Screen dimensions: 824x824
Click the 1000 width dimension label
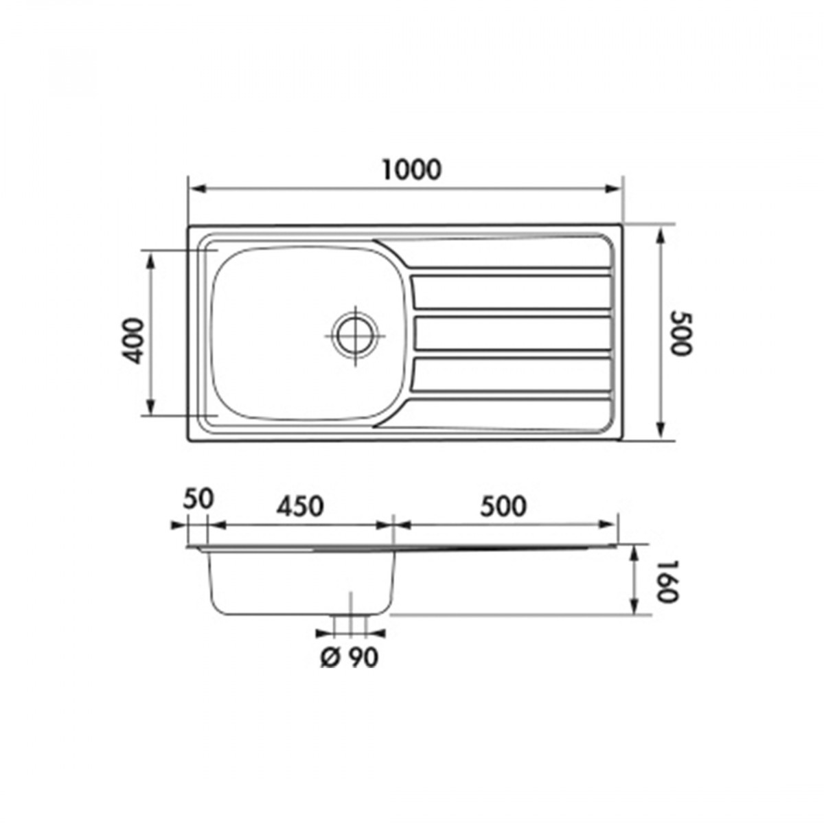point(411,170)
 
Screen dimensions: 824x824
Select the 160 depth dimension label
point(667,581)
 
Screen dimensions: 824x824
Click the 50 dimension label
point(198,499)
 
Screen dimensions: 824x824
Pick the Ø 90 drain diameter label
point(350,657)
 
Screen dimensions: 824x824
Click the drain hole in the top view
point(355,336)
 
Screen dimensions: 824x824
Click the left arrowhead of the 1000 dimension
point(198,189)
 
